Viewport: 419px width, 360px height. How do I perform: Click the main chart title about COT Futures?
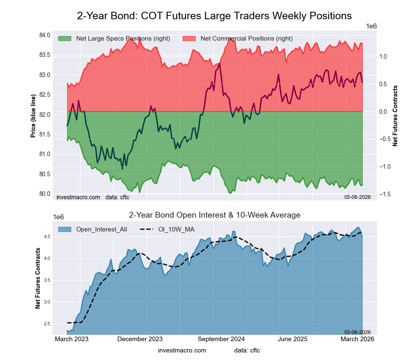point(214,16)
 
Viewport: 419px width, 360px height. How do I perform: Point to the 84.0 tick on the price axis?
point(45,35)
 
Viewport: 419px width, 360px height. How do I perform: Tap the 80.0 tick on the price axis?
point(45,194)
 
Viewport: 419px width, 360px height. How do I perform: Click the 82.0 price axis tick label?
point(45,115)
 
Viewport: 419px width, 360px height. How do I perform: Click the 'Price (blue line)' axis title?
point(33,116)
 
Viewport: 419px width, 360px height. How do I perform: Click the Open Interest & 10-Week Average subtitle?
point(215,215)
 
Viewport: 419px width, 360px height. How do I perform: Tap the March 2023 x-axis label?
point(72,339)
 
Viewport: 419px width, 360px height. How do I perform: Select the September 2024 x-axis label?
point(221,339)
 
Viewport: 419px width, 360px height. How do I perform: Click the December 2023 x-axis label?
point(140,339)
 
